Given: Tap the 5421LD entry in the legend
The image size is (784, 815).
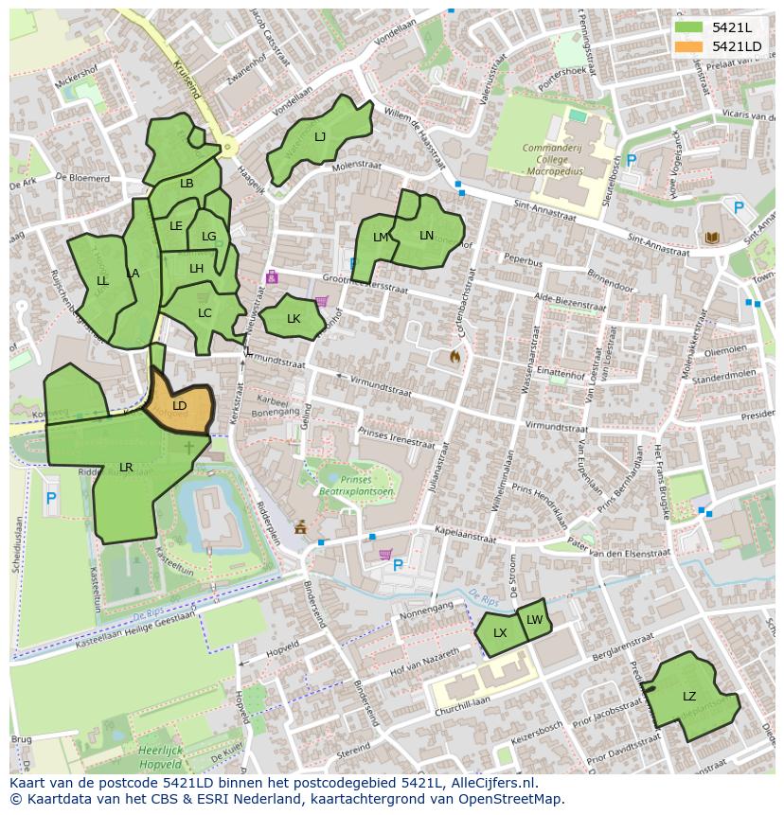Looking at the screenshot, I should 736,45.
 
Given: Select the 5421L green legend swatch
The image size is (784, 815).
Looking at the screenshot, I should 688,27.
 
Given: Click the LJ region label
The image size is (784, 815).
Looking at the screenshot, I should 320,137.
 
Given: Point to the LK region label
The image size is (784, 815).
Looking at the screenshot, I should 294,319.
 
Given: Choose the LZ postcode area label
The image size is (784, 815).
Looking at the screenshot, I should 689,697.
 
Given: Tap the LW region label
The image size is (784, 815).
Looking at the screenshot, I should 535,620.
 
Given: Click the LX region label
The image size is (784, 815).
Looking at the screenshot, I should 500,633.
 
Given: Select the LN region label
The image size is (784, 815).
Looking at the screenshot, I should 426,236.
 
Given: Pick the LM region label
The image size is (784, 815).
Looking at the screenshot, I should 381,238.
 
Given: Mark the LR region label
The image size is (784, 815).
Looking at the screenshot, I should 126,468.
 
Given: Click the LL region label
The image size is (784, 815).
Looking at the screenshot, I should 102,281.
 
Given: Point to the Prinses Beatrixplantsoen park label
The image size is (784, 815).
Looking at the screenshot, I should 361,485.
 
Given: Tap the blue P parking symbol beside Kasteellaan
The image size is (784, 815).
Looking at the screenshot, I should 51,498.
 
